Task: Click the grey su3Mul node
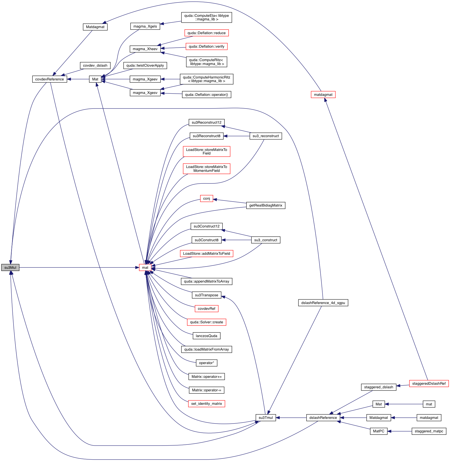[10, 267]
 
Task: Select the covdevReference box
[50, 79]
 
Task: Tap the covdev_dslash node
[95, 66]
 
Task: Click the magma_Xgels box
[145, 26]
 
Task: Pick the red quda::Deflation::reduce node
[207, 33]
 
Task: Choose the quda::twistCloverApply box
[145, 66]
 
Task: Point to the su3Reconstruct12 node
[207, 123]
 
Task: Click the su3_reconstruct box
[266, 136]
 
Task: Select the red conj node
[207, 199]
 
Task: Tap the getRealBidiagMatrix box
[266, 205]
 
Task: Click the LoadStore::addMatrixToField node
[207, 254]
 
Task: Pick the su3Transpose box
[207, 295]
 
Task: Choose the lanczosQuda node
[207, 336]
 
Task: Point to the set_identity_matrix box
[207, 404]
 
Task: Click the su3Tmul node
[266, 418]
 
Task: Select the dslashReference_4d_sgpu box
[323, 303]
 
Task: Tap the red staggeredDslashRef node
[429, 384]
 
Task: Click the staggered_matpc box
[429, 431]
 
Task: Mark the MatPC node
[379, 431]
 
